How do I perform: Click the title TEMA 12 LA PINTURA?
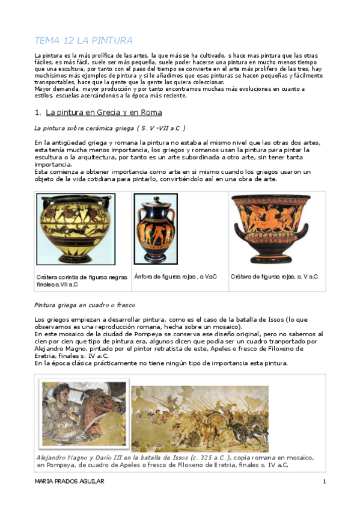click(83, 41)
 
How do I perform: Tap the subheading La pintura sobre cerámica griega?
click(109, 127)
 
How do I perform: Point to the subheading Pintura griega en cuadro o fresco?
click(84, 304)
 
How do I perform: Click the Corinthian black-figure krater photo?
click(76, 229)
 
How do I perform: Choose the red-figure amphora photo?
click(155, 229)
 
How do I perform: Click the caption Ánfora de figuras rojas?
click(175, 277)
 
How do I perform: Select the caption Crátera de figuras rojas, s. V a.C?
click(274, 277)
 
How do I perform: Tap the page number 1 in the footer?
click(324, 482)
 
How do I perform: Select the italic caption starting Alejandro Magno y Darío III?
click(162, 461)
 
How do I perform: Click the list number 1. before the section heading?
click(37, 112)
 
